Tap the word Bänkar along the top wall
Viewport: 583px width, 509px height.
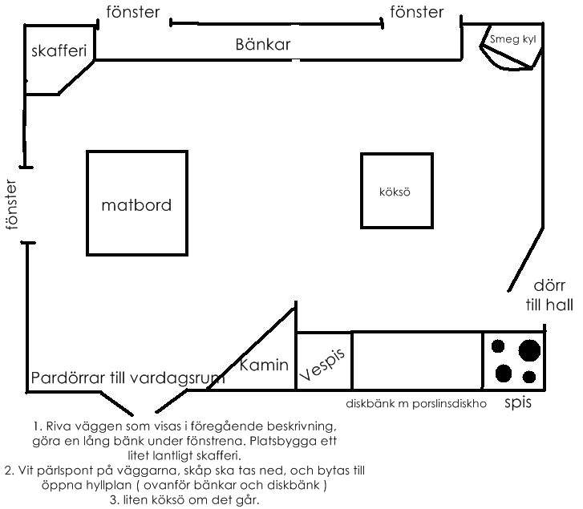click(x=263, y=45)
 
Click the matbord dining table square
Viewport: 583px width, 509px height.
click(x=136, y=204)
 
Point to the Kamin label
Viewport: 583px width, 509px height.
click(x=265, y=366)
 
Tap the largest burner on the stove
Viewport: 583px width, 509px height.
click(x=529, y=350)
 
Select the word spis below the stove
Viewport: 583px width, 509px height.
click(x=518, y=402)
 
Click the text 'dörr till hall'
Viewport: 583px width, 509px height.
click(x=549, y=294)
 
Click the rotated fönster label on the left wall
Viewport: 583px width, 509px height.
click(x=10, y=204)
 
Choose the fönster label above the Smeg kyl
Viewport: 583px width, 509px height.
click(x=416, y=12)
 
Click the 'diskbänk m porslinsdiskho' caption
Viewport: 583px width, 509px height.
click(x=416, y=404)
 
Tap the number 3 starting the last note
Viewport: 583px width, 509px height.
click(x=114, y=500)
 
